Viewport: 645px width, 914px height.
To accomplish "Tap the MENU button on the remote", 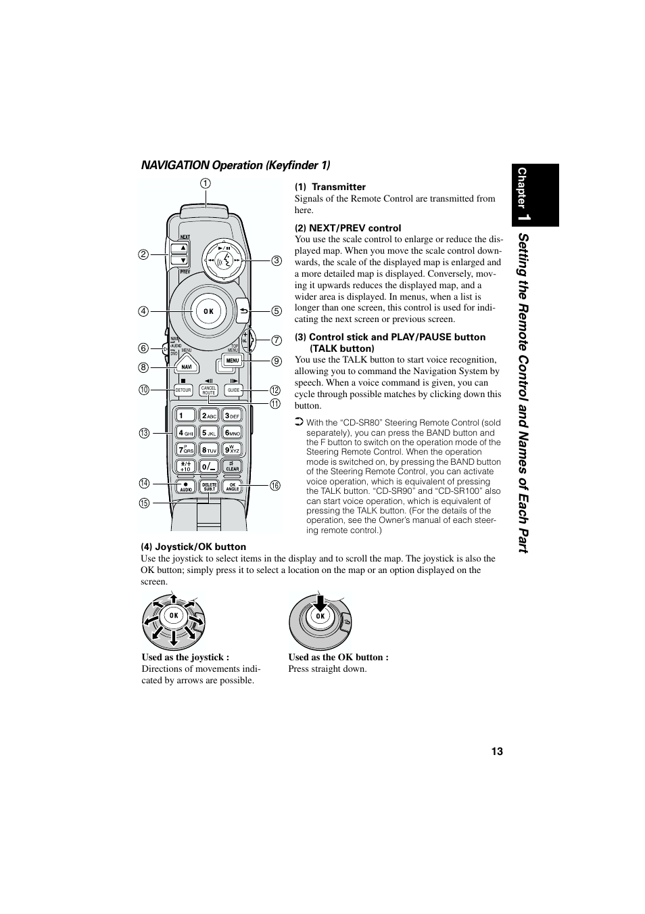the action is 233,361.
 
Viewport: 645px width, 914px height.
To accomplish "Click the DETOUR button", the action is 183,390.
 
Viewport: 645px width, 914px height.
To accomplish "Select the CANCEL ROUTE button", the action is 208,390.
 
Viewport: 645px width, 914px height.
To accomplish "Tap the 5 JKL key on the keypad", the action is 209,432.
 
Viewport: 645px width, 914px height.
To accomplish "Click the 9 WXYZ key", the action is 233,449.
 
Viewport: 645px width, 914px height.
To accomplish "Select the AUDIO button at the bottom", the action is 186,486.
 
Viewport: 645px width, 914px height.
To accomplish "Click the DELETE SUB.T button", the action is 209,486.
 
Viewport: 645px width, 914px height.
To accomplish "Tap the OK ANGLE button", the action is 233,486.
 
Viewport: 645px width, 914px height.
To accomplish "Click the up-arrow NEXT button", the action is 180,248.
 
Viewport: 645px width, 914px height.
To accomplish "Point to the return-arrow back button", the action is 243,311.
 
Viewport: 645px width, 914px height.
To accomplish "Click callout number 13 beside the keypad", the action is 144,433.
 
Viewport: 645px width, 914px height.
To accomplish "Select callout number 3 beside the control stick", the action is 276,260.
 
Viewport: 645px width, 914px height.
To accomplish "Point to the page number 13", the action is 497,752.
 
